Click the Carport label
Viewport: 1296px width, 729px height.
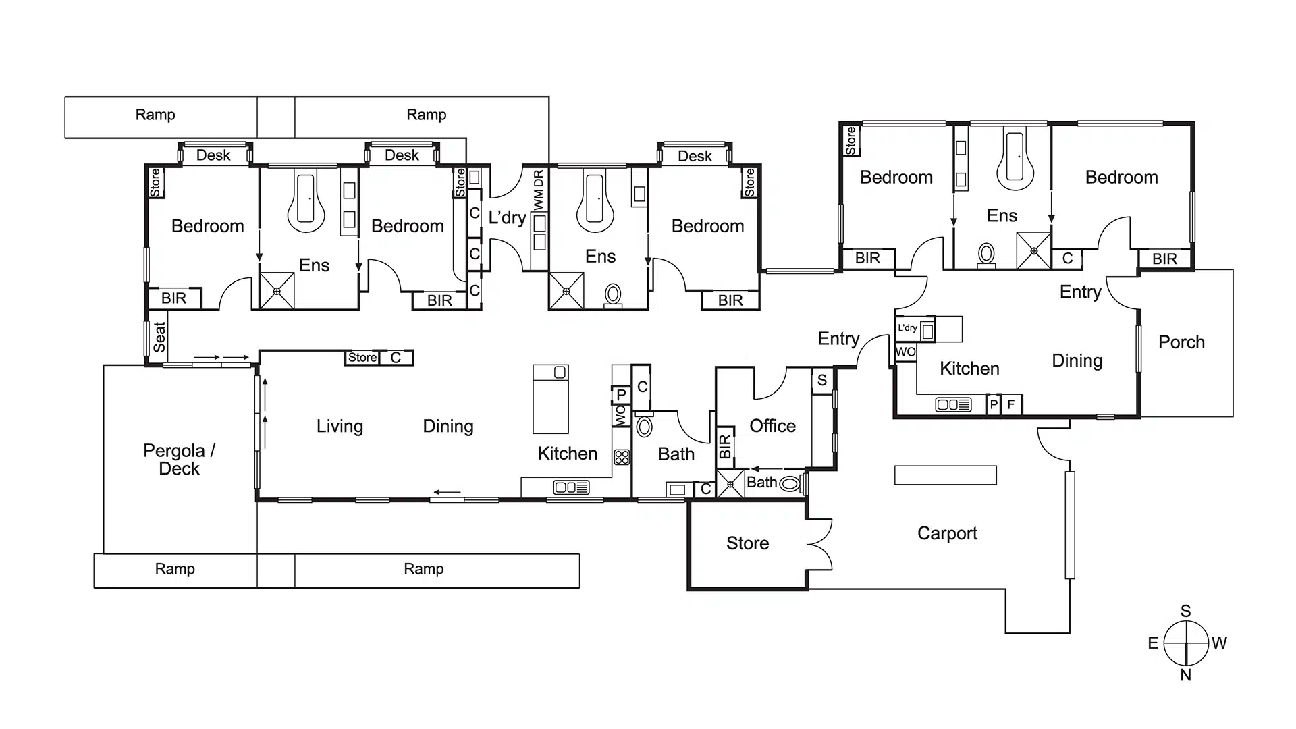[947, 533]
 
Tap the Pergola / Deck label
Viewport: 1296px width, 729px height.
[179, 460]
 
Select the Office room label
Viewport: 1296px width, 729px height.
[772, 426]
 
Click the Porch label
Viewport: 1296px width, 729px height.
[1181, 342]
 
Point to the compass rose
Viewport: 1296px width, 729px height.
[1186, 643]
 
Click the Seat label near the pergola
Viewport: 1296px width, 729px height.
[159, 337]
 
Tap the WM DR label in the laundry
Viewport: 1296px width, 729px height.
[538, 190]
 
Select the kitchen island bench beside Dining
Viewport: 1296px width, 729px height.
[551, 399]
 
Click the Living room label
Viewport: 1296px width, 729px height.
[340, 427]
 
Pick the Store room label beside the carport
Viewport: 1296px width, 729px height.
[747, 543]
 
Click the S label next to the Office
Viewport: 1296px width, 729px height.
[822, 380]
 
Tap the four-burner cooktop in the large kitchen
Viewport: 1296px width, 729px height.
[622, 457]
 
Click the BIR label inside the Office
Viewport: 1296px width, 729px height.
[725, 446]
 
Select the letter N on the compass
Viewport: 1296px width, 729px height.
[1186, 675]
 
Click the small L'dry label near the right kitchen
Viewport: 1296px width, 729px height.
[907, 328]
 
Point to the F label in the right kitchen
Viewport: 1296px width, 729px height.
[1011, 405]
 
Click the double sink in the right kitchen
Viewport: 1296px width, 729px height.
[953, 405]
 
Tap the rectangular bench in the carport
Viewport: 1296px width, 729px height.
[945, 475]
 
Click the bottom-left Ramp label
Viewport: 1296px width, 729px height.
[175, 569]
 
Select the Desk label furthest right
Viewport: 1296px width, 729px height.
[695, 157]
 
